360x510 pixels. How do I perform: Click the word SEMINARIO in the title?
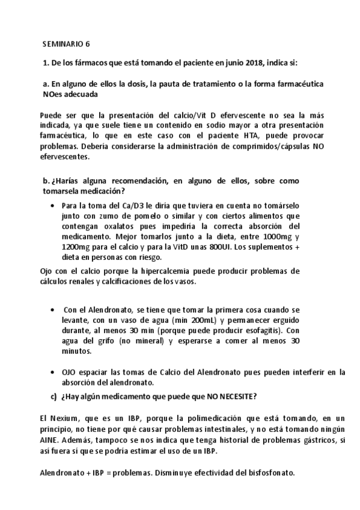pos(63,44)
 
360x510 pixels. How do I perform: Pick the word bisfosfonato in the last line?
pos(270,473)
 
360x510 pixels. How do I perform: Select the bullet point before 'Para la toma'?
pos(56,206)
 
